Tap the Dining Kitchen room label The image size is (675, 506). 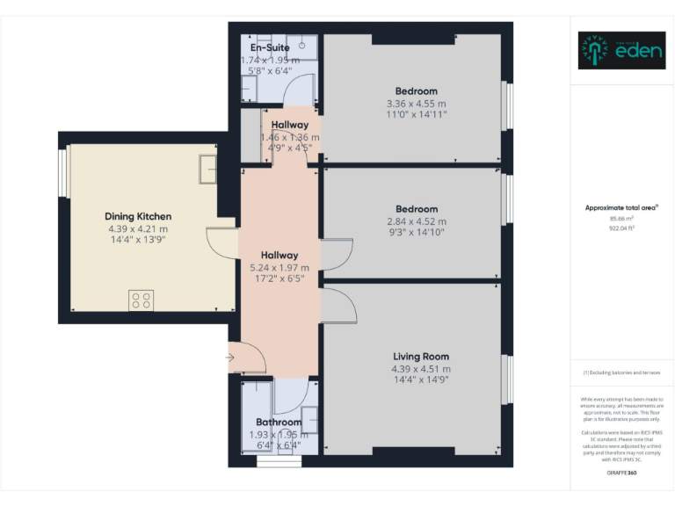[x=138, y=216]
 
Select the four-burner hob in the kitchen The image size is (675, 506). [x=142, y=300]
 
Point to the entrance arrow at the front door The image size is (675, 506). [x=230, y=358]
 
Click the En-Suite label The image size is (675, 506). [x=270, y=47]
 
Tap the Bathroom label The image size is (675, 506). [x=279, y=423]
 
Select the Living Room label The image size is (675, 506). [x=420, y=357]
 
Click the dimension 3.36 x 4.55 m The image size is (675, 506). [x=416, y=103]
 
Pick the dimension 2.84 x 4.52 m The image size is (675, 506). [x=416, y=221]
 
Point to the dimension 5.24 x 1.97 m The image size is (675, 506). [x=279, y=268]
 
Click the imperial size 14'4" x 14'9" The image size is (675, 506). [x=420, y=381]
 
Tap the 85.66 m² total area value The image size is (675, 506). [x=622, y=219]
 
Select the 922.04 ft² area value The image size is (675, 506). [x=622, y=228]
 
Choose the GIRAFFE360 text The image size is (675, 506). [x=622, y=473]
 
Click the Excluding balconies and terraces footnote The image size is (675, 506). [x=622, y=373]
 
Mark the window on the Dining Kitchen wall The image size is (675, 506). [x=63, y=173]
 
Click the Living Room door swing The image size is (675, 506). [x=339, y=303]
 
